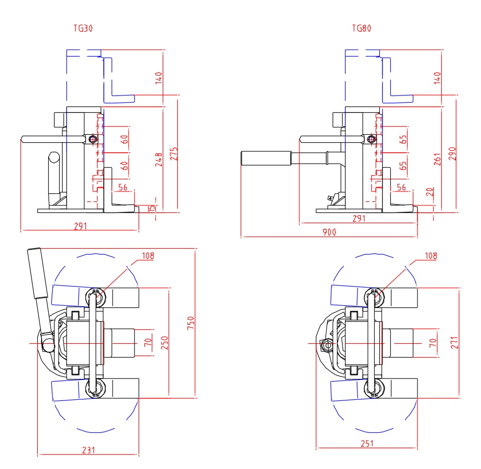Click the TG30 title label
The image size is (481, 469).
coord(82,29)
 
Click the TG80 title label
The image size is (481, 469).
coord(361,29)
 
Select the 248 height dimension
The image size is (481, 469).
coord(158,159)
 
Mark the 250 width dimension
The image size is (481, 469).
coord(165,343)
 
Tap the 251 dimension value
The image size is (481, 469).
coord(366,444)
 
